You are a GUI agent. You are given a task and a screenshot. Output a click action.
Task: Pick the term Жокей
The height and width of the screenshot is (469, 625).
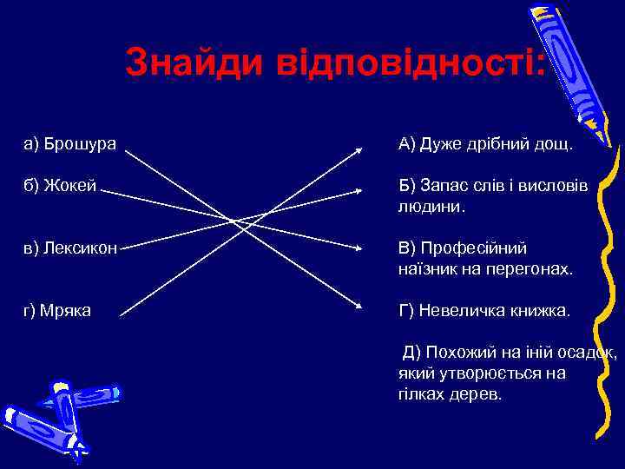(65, 186)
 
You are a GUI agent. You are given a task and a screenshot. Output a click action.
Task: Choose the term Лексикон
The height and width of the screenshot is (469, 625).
(74, 248)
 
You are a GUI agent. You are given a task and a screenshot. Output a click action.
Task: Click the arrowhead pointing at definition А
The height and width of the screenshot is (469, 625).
(359, 149)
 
